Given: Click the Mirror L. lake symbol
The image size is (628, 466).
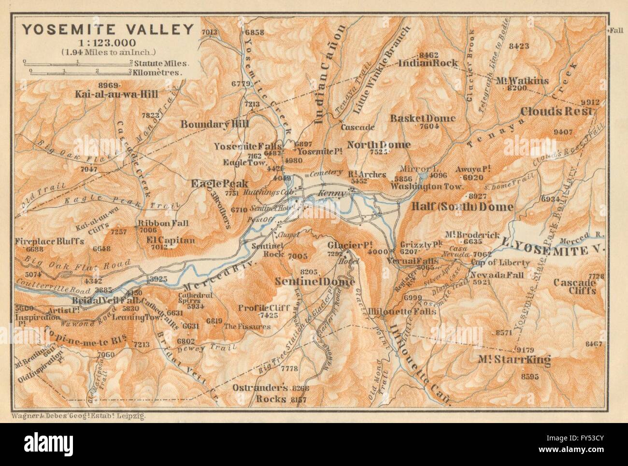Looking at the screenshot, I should click(x=423, y=175).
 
